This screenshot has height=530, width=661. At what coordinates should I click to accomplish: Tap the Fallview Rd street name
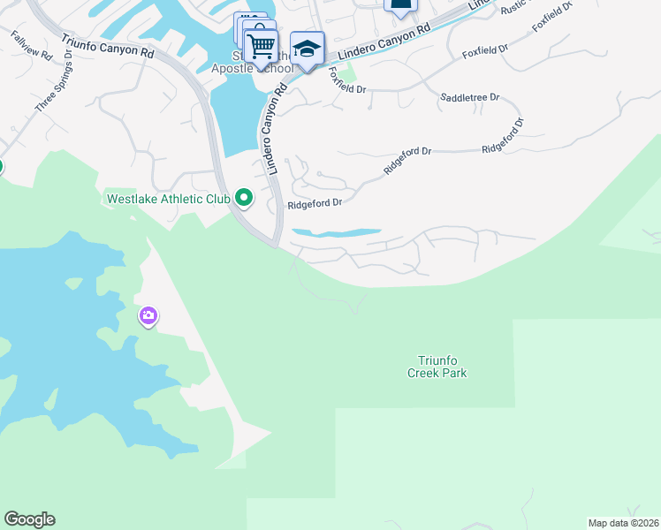[x=31, y=46]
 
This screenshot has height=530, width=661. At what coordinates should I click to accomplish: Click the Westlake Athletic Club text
[x=168, y=199]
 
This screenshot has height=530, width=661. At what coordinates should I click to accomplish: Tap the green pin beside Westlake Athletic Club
[x=246, y=199]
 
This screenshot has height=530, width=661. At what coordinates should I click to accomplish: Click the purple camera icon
[x=148, y=315]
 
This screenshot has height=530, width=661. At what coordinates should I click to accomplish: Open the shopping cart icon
[x=261, y=45]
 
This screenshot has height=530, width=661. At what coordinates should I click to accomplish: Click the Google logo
[x=29, y=519]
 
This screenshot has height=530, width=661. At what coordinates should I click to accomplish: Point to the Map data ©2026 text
[x=623, y=523]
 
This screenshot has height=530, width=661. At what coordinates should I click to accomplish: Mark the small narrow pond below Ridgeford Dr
[x=336, y=233]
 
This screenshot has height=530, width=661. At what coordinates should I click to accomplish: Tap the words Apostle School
[x=253, y=68]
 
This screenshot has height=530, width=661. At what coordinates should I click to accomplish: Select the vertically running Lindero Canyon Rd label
[x=274, y=129]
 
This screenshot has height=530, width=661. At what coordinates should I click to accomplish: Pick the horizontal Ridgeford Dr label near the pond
[x=315, y=203]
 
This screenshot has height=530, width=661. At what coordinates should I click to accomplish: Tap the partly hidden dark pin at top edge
[x=399, y=5]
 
